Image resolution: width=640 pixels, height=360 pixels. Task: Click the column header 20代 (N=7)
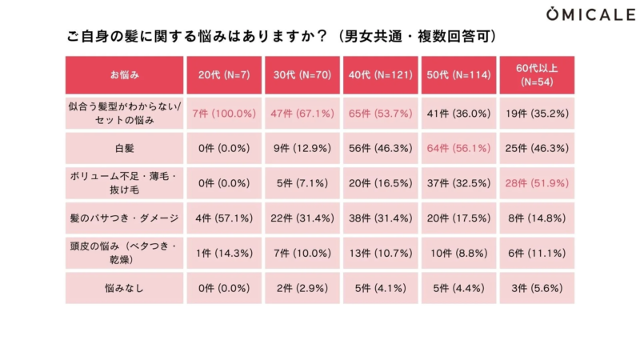point(224,75)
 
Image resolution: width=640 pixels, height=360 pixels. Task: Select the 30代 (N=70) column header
point(302,75)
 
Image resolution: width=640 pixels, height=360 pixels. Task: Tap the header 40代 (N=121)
point(381,75)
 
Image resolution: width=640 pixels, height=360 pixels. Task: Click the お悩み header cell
point(124,75)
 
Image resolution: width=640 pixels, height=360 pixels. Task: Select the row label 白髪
point(124,149)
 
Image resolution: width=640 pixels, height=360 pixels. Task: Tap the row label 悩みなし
point(124,288)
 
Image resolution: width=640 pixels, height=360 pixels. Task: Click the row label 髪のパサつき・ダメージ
point(124,218)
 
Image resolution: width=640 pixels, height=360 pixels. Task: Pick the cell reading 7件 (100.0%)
point(224,114)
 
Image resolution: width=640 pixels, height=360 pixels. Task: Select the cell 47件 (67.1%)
point(302,114)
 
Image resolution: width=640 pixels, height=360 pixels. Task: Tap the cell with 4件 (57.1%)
point(224,218)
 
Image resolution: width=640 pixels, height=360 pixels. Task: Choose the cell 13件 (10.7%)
point(381,253)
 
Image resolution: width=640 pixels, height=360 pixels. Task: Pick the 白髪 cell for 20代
point(224,149)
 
